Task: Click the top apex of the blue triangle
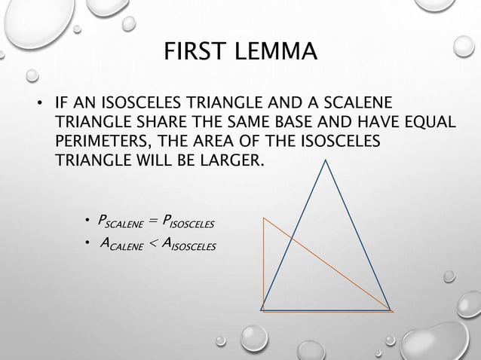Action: click(x=326, y=162)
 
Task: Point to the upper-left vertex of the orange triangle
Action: click(x=263, y=219)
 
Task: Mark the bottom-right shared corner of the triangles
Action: click(x=390, y=310)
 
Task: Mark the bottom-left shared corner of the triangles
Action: click(x=262, y=310)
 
